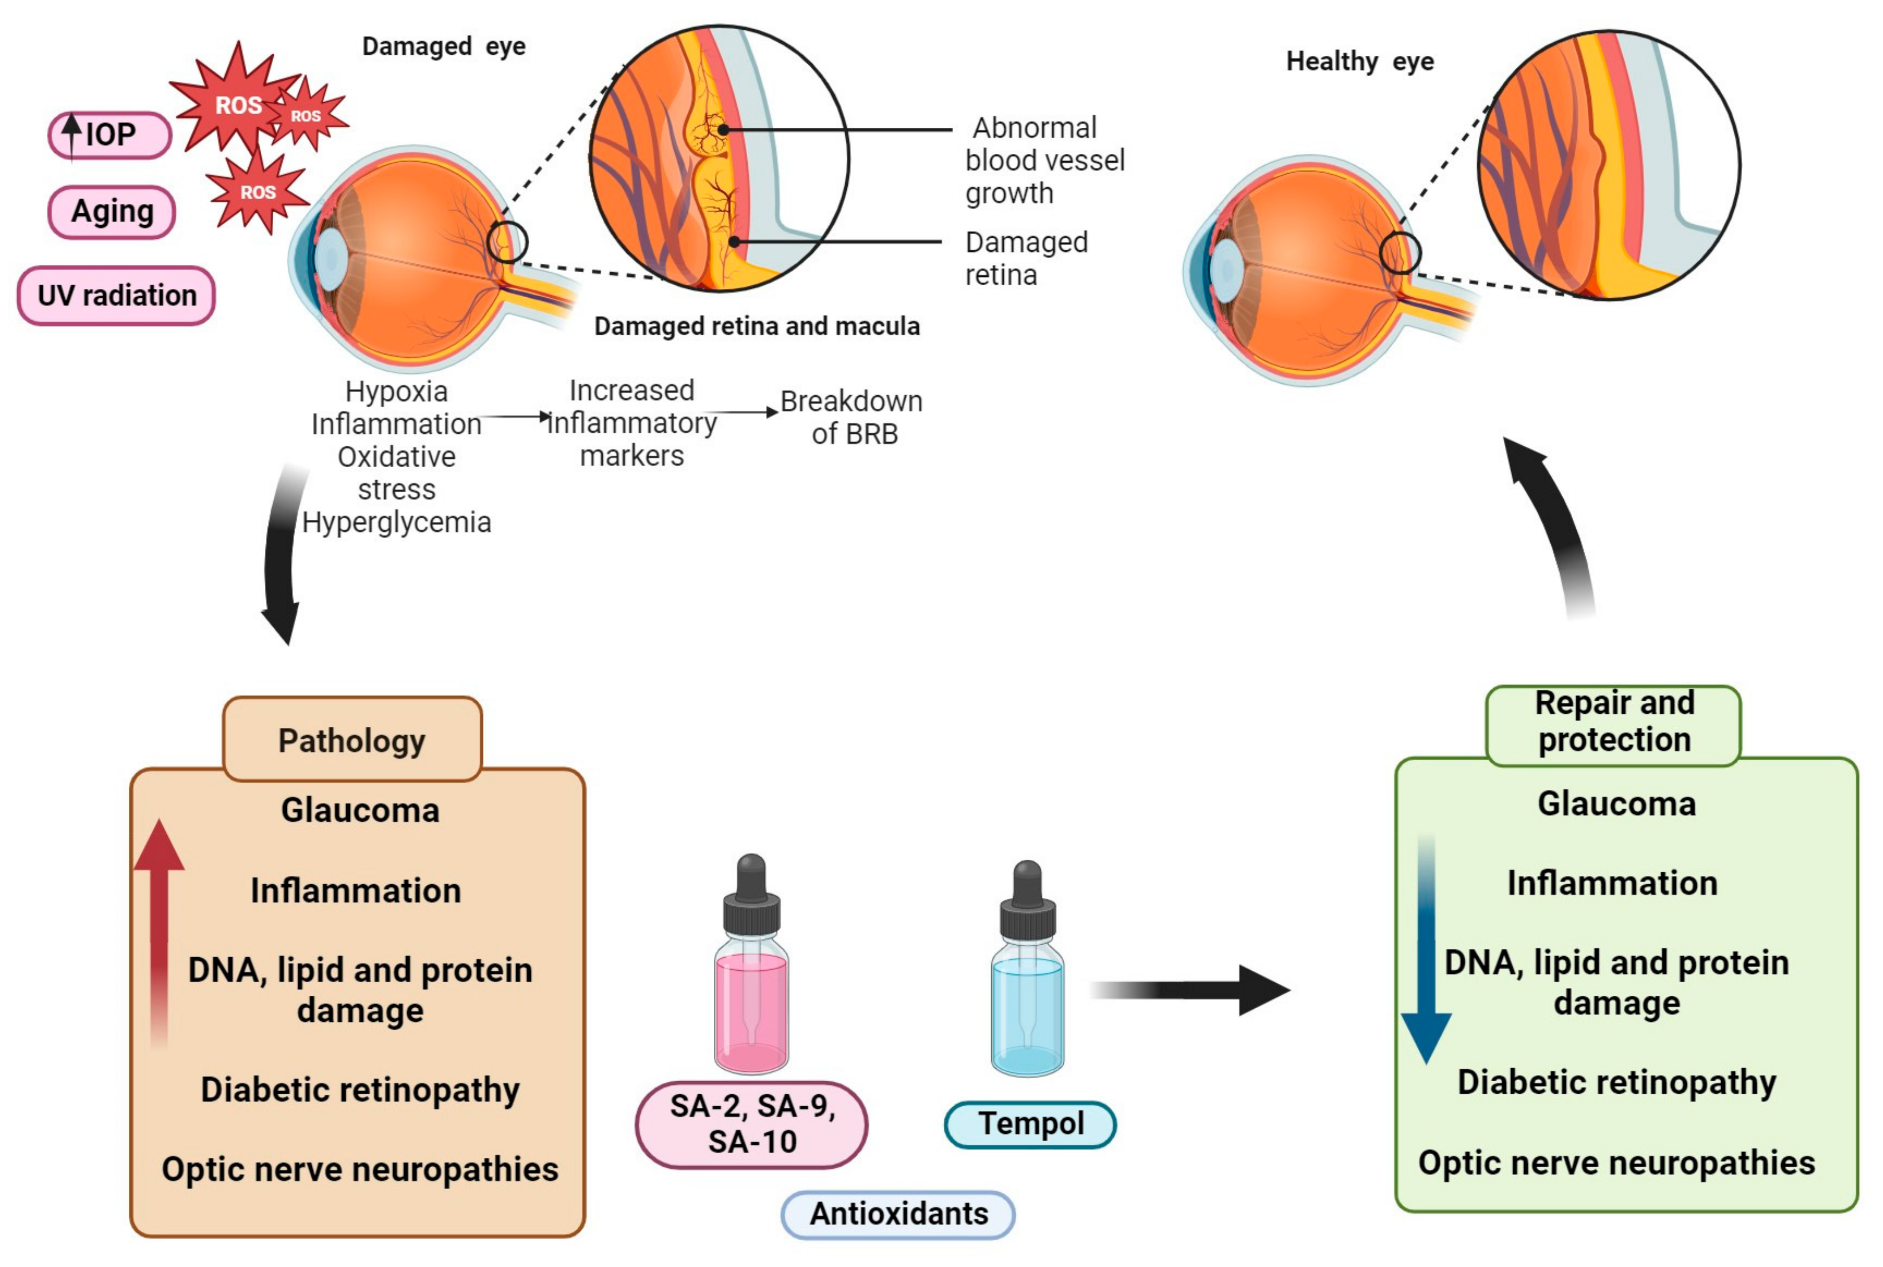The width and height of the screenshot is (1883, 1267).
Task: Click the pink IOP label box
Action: (x=110, y=135)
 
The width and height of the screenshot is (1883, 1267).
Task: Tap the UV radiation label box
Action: (x=117, y=296)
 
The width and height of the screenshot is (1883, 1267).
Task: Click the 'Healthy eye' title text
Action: (x=1359, y=61)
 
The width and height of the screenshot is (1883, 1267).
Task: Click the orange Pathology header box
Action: (x=352, y=739)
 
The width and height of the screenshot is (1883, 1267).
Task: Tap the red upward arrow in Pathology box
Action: (x=159, y=929)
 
